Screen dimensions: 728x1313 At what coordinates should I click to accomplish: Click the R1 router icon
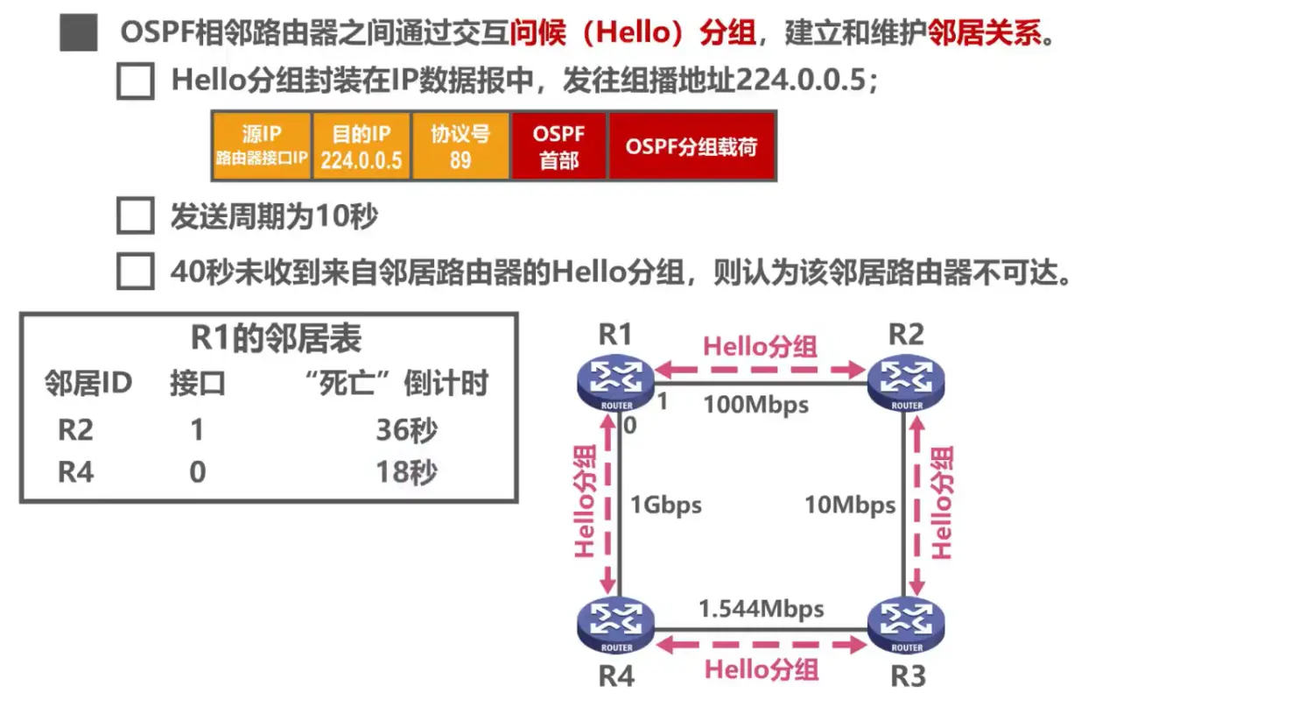pyautogui.click(x=616, y=383)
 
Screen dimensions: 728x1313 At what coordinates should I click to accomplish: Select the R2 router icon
pyautogui.click(x=906, y=383)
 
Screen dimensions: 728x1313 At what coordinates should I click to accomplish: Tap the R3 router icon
pyautogui.click(x=906, y=626)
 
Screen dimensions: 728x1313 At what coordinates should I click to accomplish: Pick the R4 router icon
pyautogui.click(x=616, y=626)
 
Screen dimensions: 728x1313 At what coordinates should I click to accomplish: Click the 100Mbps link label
pyautogui.click(x=755, y=405)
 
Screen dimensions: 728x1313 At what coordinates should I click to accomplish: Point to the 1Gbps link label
pyautogui.click(x=665, y=505)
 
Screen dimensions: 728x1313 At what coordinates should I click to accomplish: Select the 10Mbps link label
pyautogui.click(x=849, y=505)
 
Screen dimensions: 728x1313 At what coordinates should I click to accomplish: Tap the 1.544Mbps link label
pyautogui.click(x=761, y=608)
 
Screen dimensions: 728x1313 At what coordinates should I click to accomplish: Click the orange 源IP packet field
pyautogui.click(x=262, y=146)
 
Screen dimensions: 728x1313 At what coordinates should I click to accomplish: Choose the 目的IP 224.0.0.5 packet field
pyautogui.click(x=361, y=146)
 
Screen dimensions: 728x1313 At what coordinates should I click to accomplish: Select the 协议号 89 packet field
pyautogui.click(x=460, y=146)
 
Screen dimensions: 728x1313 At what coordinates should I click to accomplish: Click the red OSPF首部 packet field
pyautogui.click(x=558, y=146)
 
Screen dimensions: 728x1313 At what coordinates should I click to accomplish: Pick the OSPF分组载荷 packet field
pyautogui.click(x=692, y=146)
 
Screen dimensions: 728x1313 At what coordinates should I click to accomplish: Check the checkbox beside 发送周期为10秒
pyautogui.click(x=136, y=216)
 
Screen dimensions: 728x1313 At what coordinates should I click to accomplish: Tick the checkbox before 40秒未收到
pyautogui.click(x=136, y=272)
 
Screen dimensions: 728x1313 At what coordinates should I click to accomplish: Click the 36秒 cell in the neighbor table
pyautogui.click(x=406, y=429)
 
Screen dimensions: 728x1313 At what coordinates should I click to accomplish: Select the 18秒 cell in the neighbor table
pyautogui.click(x=406, y=472)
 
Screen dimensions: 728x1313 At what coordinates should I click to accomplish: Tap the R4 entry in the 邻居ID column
pyautogui.click(x=75, y=472)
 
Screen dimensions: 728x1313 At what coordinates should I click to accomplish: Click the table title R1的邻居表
pyautogui.click(x=276, y=338)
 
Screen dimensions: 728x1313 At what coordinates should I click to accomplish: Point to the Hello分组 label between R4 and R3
pyautogui.click(x=762, y=670)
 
